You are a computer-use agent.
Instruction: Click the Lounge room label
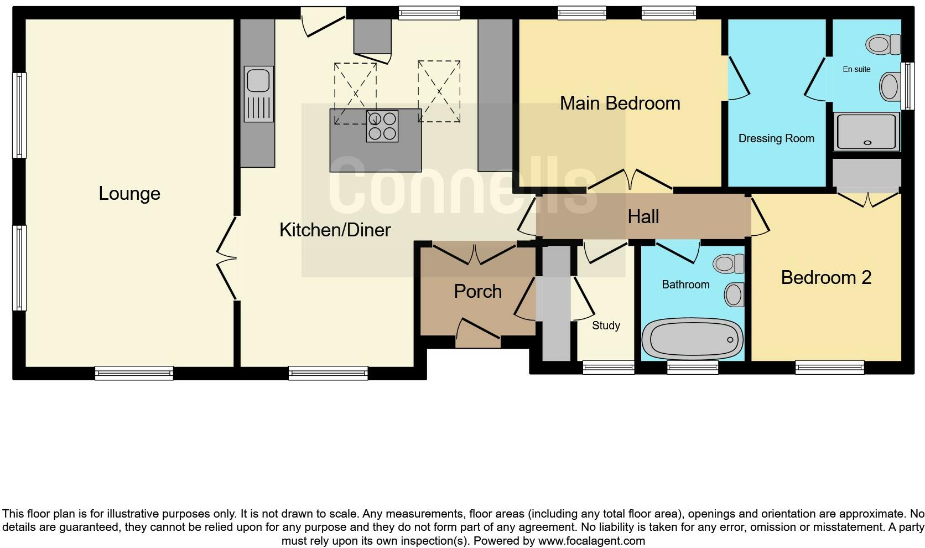point(129,194)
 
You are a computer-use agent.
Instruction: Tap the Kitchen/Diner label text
point(335,230)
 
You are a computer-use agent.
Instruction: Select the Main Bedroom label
point(620,103)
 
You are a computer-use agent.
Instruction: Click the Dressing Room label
point(776,138)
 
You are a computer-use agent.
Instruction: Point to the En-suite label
point(856,69)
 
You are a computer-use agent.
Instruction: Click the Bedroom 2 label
point(825,277)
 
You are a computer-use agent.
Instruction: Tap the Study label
point(606,325)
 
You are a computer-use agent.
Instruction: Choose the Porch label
point(477,291)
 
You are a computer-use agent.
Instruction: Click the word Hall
point(643,216)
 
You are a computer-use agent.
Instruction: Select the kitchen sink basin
point(258,79)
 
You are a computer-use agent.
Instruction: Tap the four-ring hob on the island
point(382,126)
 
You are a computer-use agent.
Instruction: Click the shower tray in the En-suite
point(866,131)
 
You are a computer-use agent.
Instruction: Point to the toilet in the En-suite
point(883,44)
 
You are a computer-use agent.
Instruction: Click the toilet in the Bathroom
point(728,263)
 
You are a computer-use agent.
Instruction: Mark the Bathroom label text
point(685,285)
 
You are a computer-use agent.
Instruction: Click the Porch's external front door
point(478,335)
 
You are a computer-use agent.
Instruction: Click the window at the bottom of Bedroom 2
point(829,367)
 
